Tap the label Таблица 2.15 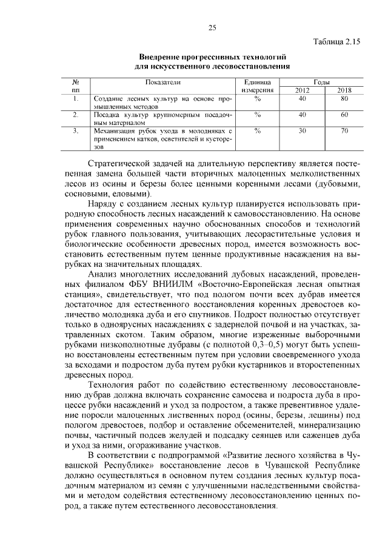tap(337, 42)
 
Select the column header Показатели tap(163, 81)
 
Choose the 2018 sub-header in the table tap(344, 90)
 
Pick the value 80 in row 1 tap(344, 98)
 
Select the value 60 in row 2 tap(344, 114)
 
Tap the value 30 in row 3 tap(302, 130)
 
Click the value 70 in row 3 tap(344, 130)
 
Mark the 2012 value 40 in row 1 tap(302, 98)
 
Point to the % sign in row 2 tap(258, 114)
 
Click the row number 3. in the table tap(76, 130)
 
